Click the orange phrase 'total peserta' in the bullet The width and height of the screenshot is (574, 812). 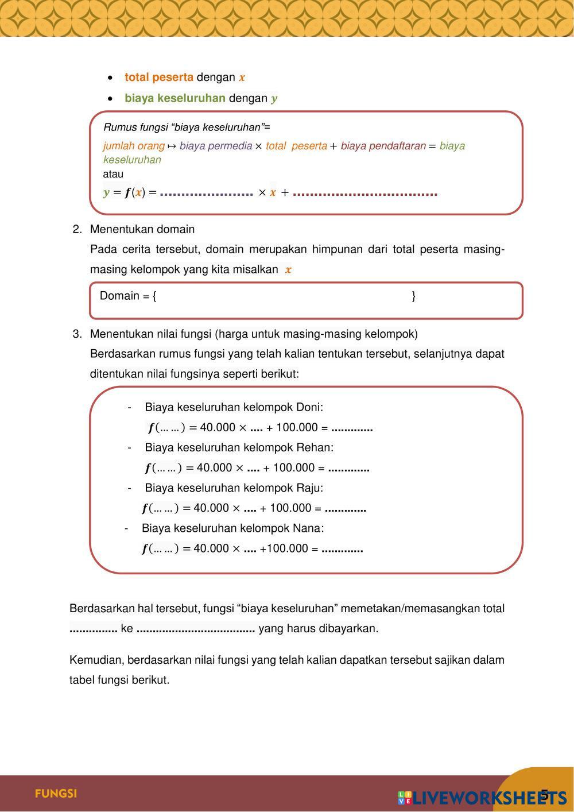click(x=159, y=78)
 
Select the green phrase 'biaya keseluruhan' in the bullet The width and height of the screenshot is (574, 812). click(x=175, y=98)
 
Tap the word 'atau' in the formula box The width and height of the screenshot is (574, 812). click(x=113, y=174)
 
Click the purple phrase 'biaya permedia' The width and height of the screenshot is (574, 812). click(x=216, y=146)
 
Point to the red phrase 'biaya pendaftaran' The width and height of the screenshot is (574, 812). click(x=383, y=146)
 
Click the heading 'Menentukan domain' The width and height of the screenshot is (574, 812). click(x=142, y=230)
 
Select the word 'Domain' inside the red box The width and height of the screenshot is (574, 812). click(x=119, y=296)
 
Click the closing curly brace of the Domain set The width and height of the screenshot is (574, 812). click(x=414, y=296)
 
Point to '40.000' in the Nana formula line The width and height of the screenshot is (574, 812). click(x=211, y=548)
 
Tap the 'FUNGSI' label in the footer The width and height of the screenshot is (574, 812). click(x=56, y=794)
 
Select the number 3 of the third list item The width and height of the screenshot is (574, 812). click(x=76, y=334)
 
